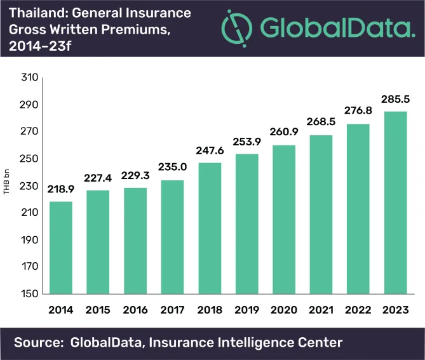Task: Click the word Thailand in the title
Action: click(34, 13)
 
